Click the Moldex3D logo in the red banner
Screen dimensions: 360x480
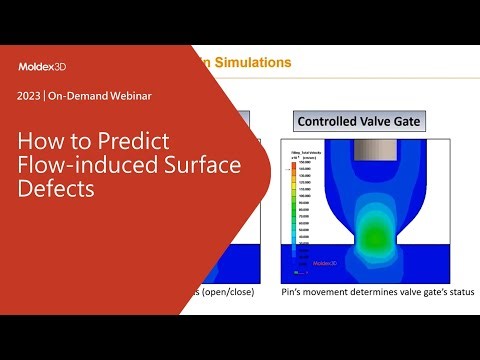44,67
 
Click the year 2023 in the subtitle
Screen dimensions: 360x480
30,98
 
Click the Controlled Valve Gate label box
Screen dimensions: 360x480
356,121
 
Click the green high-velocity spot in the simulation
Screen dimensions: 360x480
371,236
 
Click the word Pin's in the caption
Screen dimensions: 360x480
299,291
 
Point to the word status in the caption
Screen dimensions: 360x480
449,291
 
